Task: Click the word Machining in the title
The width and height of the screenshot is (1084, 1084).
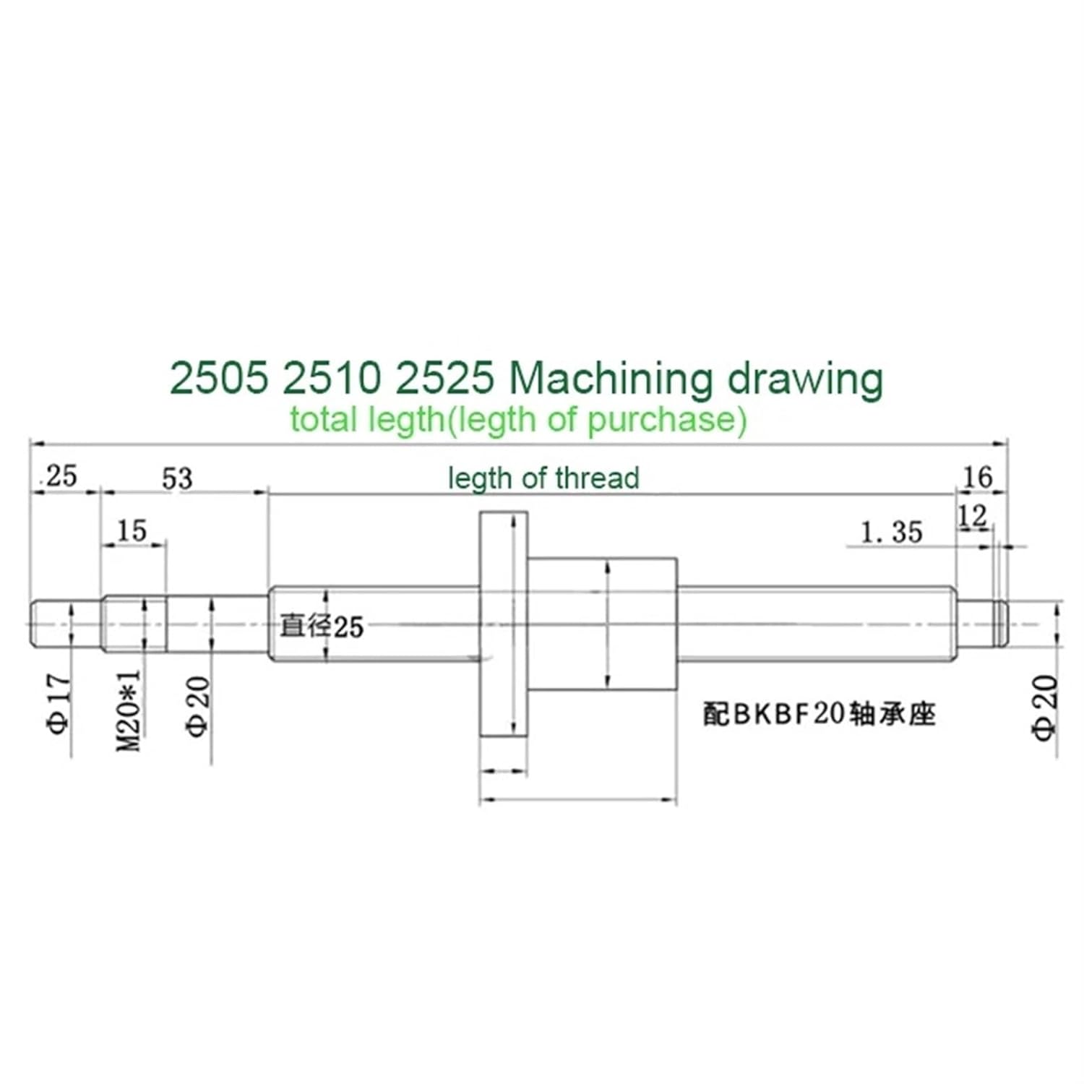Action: pos(611,379)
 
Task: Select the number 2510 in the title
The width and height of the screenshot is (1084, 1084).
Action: pos(331,379)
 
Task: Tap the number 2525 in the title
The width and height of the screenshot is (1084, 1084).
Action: pos(445,379)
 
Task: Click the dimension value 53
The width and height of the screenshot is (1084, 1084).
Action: pos(177,478)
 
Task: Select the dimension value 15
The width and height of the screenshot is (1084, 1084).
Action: pos(132,531)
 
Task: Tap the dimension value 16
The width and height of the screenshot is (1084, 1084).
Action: pos(978,477)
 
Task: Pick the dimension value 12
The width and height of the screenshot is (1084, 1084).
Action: pos(972,517)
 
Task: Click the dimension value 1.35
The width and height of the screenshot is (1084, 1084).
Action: pos(892,533)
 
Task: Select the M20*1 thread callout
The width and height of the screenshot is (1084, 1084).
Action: pos(130,710)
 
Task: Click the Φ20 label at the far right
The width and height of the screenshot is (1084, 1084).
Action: pos(1046,708)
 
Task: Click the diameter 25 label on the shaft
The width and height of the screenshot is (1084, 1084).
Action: pos(321,626)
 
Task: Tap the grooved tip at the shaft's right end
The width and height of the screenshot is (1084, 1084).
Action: pos(1001,624)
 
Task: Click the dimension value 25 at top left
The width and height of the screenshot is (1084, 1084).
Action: pos(61,477)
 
